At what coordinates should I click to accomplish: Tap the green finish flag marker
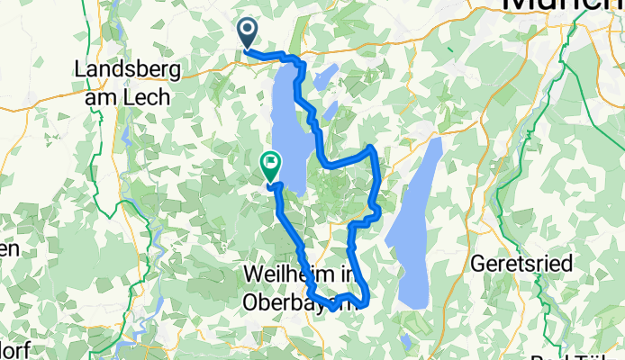click(x=269, y=164)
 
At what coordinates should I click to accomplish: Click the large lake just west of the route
click(x=287, y=121)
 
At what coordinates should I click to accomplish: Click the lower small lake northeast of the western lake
click(x=331, y=110)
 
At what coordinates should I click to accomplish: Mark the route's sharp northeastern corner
click(x=372, y=146)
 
